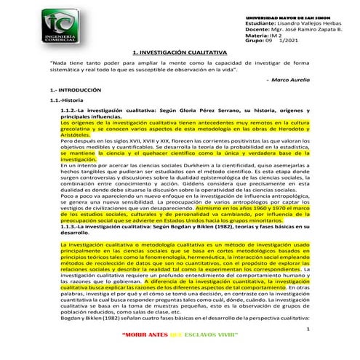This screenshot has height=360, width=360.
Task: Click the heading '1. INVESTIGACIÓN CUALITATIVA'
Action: click(x=180, y=52)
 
